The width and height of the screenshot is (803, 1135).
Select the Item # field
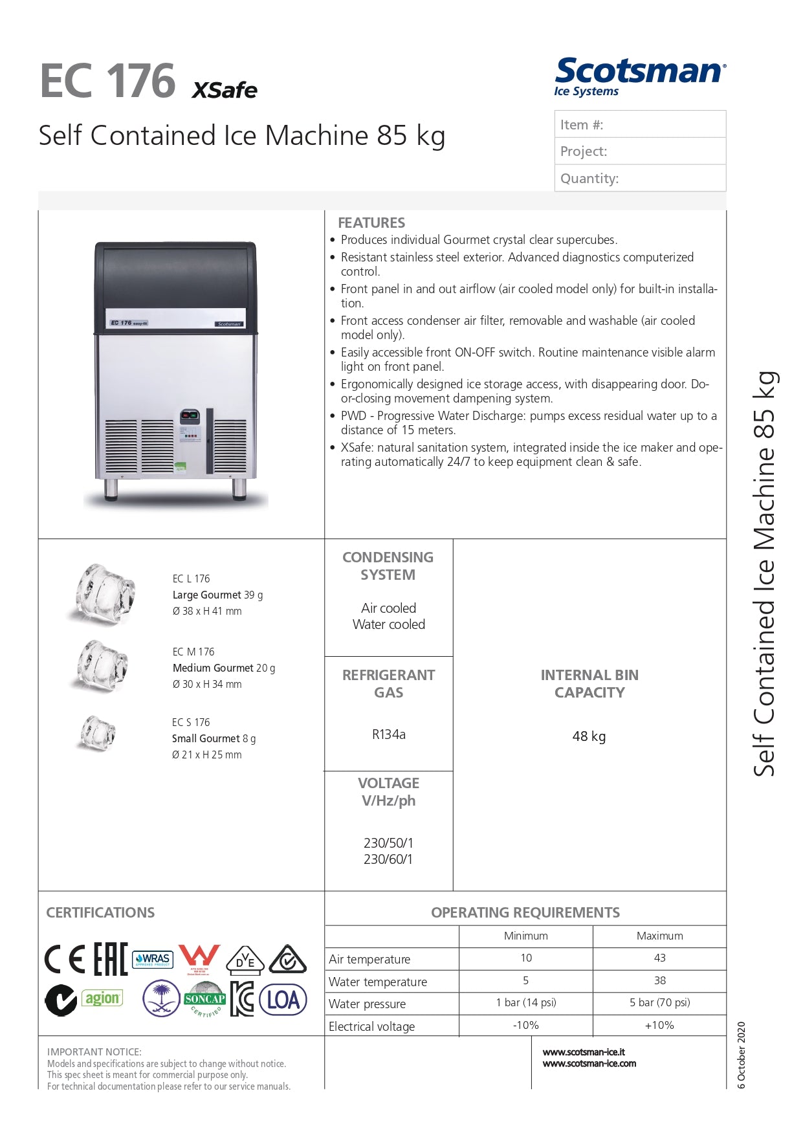[x=640, y=124]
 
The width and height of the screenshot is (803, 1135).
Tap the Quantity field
[x=640, y=178]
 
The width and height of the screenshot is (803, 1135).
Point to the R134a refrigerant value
[x=388, y=734]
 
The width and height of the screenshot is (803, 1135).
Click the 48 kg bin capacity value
[x=589, y=736]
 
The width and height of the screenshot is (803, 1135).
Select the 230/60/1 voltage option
[x=388, y=859]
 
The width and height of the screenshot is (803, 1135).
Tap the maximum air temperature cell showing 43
[x=659, y=958]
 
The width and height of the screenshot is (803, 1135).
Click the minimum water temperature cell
[x=525, y=981]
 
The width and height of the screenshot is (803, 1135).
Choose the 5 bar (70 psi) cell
[x=659, y=1003]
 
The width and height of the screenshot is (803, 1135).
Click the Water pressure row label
[x=367, y=1004]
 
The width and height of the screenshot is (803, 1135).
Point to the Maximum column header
[x=659, y=936]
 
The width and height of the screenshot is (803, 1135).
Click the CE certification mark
[x=65, y=959]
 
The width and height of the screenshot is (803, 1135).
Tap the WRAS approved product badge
[x=153, y=959]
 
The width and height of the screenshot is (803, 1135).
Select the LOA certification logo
[x=283, y=1000]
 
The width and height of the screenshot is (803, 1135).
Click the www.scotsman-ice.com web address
[x=589, y=1064]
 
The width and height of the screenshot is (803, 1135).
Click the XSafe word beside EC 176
[x=225, y=90]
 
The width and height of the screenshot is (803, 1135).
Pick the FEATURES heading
[x=371, y=223]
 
